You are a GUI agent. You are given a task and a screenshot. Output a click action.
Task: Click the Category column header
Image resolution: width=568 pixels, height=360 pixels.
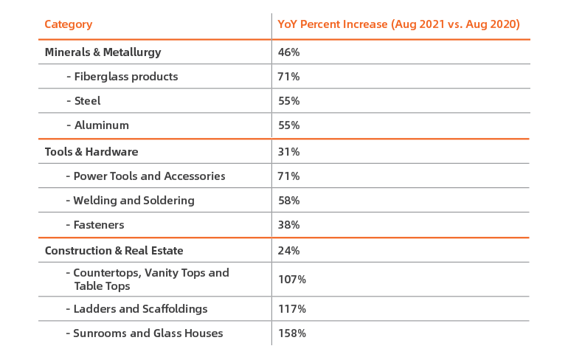pyautogui.click(x=69, y=24)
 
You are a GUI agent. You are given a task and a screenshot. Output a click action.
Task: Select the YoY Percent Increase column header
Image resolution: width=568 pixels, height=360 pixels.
pyautogui.click(x=398, y=24)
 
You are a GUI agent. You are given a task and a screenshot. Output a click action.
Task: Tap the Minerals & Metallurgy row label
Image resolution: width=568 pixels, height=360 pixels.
pyautogui.click(x=103, y=52)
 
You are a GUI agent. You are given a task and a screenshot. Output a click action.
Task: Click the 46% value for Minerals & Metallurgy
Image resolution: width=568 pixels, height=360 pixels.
pyautogui.click(x=289, y=52)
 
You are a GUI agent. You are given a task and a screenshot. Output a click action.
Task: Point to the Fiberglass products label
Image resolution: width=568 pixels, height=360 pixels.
pyautogui.click(x=122, y=77)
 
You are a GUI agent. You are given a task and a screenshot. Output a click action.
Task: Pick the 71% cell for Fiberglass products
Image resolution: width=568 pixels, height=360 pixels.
pyautogui.click(x=288, y=77)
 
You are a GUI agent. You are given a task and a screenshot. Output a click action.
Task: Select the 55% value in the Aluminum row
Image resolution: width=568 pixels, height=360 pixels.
pyautogui.click(x=289, y=125)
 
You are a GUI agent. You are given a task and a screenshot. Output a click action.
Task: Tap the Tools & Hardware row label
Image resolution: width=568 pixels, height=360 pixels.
pyautogui.click(x=91, y=152)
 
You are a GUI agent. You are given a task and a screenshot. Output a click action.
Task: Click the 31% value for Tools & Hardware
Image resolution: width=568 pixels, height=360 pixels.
pyautogui.click(x=288, y=152)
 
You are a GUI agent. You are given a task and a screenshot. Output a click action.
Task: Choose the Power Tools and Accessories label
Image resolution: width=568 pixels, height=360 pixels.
pyautogui.click(x=145, y=176)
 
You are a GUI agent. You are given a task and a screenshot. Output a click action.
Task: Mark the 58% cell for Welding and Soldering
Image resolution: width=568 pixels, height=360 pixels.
pyautogui.click(x=289, y=201)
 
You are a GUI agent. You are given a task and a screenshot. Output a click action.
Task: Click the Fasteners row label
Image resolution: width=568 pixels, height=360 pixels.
pyautogui.click(x=95, y=225)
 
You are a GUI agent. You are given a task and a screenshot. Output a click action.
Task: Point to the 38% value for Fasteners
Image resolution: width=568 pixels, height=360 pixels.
pyautogui.click(x=289, y=225)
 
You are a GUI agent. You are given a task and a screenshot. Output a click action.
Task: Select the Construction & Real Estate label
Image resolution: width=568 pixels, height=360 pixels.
pyautogui.click(x=114, y=251)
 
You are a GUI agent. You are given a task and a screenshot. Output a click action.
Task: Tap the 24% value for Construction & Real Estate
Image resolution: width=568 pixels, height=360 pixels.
pyautogui.click(x=289, y=251)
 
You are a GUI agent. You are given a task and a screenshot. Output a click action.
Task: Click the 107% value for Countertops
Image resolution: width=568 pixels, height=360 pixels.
pyautogui.click(x=292, y=280)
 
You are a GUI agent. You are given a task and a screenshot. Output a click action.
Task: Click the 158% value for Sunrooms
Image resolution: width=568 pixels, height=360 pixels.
pyautogui.click(x=292, y=333)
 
